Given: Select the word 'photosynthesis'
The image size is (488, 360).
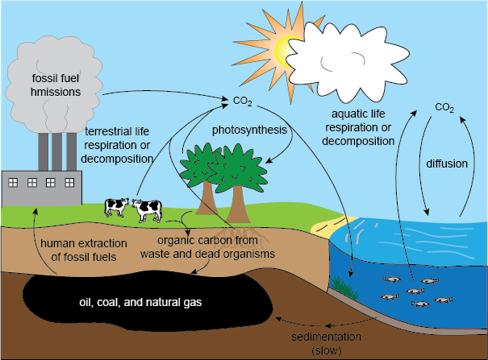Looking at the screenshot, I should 248,129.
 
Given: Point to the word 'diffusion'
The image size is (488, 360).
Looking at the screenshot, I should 447,163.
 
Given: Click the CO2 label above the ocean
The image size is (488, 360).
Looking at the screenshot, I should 444,108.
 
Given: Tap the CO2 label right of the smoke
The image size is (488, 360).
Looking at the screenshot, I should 243,101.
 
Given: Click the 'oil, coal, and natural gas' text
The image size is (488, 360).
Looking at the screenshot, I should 141,303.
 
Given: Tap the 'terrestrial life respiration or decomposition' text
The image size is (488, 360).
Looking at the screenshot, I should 119,145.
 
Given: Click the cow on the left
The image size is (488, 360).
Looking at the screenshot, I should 116,206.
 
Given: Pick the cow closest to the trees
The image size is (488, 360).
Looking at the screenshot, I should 147,209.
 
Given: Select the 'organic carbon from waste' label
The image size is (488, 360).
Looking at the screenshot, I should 207,247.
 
